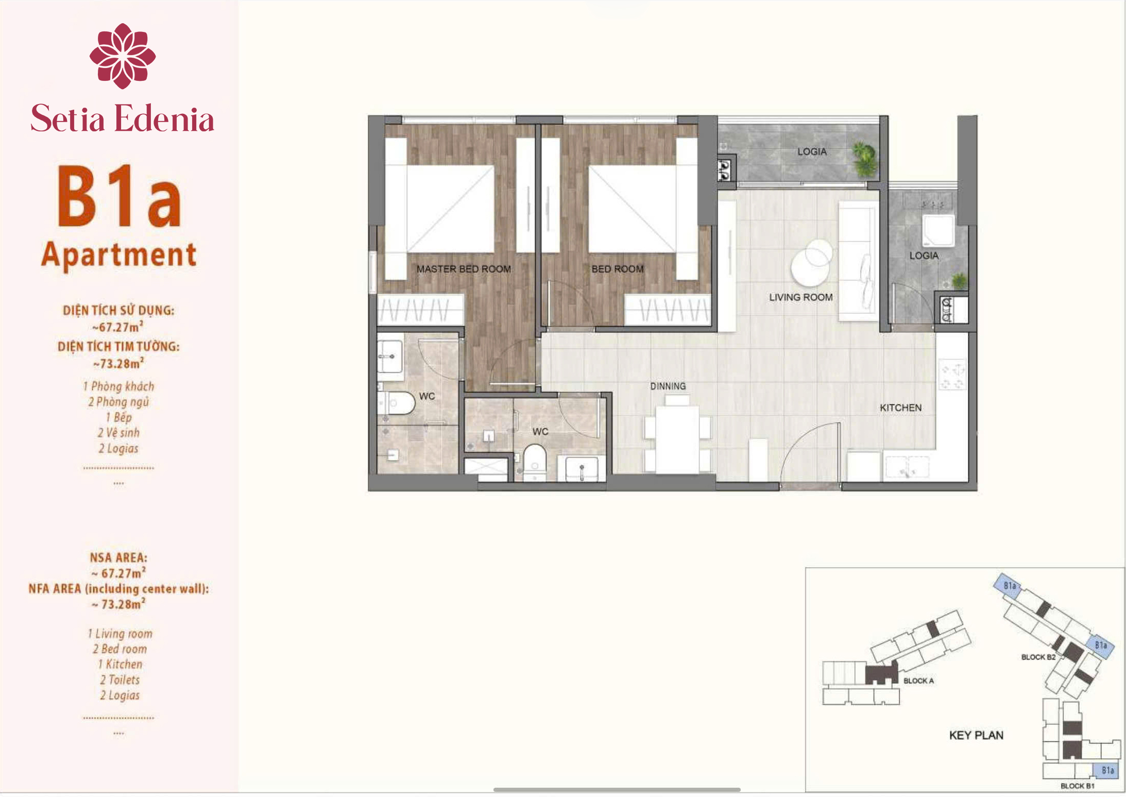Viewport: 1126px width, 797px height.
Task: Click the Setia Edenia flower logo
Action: (123, 56)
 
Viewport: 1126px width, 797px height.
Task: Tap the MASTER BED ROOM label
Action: (464, 269)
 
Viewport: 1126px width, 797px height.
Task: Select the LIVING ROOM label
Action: (800, 297)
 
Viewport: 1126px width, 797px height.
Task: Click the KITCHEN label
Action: (900, 408)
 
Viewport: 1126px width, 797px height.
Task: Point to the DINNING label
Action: (668, 386)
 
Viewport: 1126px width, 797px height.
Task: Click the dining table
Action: (677, 439)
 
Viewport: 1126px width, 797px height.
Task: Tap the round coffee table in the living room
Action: (811, 263)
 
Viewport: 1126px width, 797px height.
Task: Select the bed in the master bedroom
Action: (440, 209)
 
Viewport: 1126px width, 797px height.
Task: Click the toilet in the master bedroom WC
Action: (396, 403)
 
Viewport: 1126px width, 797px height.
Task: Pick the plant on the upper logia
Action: (864, 159)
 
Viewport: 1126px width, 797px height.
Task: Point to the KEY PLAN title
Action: (976, 735)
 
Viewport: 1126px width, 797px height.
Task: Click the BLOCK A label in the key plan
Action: (918, 681)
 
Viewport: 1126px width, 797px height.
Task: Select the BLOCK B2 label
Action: (1038, 657)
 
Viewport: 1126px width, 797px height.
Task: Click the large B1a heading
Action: (119, 196)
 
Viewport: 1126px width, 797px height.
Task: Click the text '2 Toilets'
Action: (120, 680)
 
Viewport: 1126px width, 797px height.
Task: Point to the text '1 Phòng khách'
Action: (118, 386)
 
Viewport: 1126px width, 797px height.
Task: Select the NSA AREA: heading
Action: (118, 557)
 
